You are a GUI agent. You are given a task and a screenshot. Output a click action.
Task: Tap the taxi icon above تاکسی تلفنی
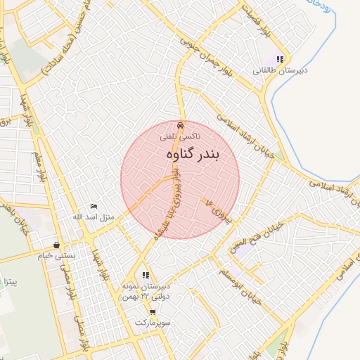tap(181, 125)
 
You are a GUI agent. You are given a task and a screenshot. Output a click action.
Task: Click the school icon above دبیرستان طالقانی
tap(280, 60)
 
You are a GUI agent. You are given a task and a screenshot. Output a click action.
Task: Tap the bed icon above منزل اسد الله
tap(94, 207)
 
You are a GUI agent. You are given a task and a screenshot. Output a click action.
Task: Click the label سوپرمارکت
tap(155, 322)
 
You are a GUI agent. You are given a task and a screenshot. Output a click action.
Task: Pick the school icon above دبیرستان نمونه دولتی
tap(146, 275)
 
